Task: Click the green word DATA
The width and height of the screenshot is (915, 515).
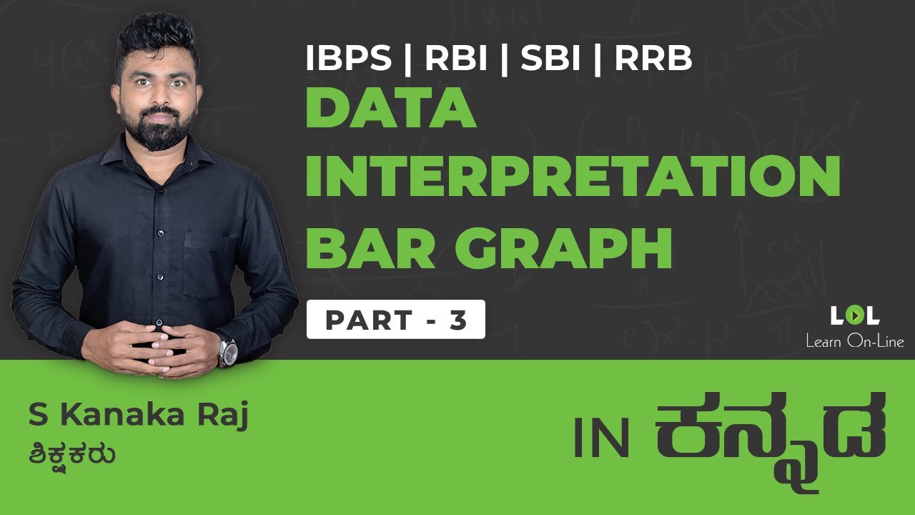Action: (391, 108)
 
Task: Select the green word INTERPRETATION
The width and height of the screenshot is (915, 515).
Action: (572, 177)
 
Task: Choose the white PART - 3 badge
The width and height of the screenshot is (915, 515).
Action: (395, 320)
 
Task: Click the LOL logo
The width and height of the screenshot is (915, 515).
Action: (854, 315)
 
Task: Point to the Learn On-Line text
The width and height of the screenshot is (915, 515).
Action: (854, 341)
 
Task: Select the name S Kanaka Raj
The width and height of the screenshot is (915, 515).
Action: (138, 417)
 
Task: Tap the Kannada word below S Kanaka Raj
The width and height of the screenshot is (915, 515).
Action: (73, 455)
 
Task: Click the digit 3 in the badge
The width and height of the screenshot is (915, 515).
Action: (458, 320)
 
